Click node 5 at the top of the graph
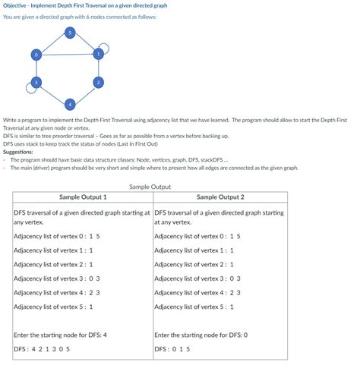point(69,32)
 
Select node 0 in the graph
point(35,54)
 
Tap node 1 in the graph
point(98,53)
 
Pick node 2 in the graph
point(98,81)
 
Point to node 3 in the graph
point(35,81)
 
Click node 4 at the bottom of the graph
point(69,102)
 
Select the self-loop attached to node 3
point(28,88)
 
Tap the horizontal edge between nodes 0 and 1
point(67,54)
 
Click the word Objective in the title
point(16,5)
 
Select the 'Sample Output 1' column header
point(83,197)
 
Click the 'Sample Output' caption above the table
point(150,186)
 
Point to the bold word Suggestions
point(18,152)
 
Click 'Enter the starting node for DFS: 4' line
point(60,334)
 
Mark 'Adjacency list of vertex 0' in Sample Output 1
point(57,237)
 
